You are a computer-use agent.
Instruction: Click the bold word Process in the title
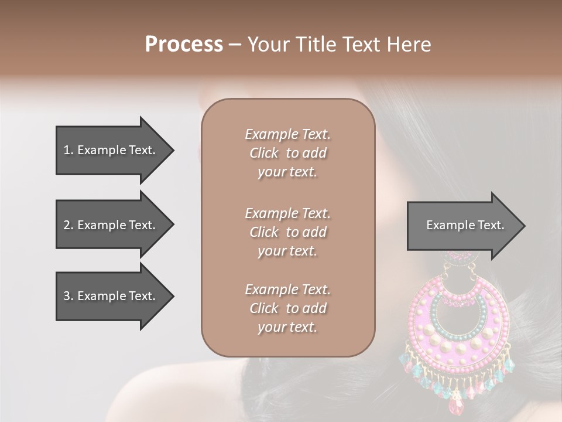[184, 45]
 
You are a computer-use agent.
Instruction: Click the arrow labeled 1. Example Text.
[111, 150]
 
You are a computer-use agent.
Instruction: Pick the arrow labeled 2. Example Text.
[111, 225]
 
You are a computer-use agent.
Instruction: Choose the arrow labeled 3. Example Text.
[111, 296]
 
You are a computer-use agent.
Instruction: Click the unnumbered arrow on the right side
[462, 225]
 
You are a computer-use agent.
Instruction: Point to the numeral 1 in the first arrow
[67, 150]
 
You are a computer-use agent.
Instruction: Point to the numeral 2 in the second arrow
[67, 225]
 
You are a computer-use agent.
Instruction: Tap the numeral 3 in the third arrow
[67, 296]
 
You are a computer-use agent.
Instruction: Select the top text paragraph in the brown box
[287, 153]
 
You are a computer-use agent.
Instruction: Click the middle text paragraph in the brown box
[287, 232]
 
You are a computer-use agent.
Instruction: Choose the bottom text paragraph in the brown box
[287, 308]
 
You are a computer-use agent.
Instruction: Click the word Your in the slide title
[268, 45]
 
